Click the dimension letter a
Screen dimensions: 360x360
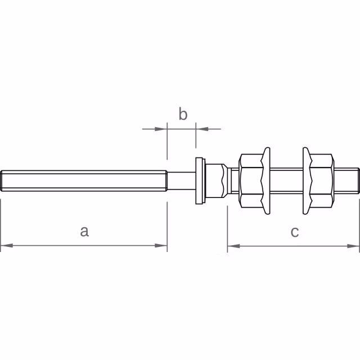pyautogui.click(x=84, y=231)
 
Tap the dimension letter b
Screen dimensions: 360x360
pyautogui.click(x=183, y=114)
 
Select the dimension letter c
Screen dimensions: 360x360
pyautogui.click(x=295, y=231)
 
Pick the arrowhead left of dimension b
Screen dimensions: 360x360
pyautogui.click(x=163, y=129)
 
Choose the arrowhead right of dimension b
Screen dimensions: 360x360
pyautogui.click(x=201, y=129)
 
